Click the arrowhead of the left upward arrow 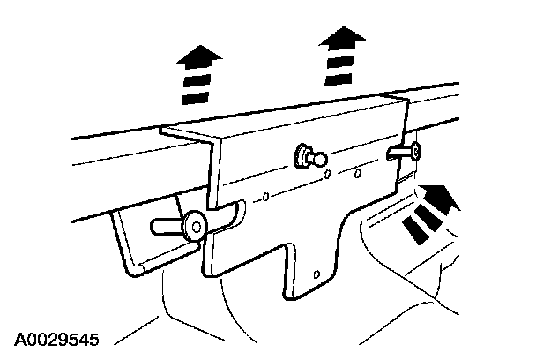[x=199, y=57]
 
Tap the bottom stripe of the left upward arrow [x=195, y=98]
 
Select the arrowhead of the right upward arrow [x=343, y=38]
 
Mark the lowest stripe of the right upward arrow [x=339, y=79]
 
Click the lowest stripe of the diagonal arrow [x=415, y=230]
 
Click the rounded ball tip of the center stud [x=320, y=159]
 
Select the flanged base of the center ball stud [x=301, y=156]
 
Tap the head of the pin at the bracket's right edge [x=415, y=151]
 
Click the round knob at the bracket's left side [x=195, y=226]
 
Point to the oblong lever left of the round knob [x=167, y=227]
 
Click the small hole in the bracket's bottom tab [x=316, y=274]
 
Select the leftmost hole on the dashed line [x=265, y=197]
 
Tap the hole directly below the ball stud [x=327, y=174]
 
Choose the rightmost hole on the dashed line [x=357, y=174]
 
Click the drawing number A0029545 [x=56, y=339]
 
